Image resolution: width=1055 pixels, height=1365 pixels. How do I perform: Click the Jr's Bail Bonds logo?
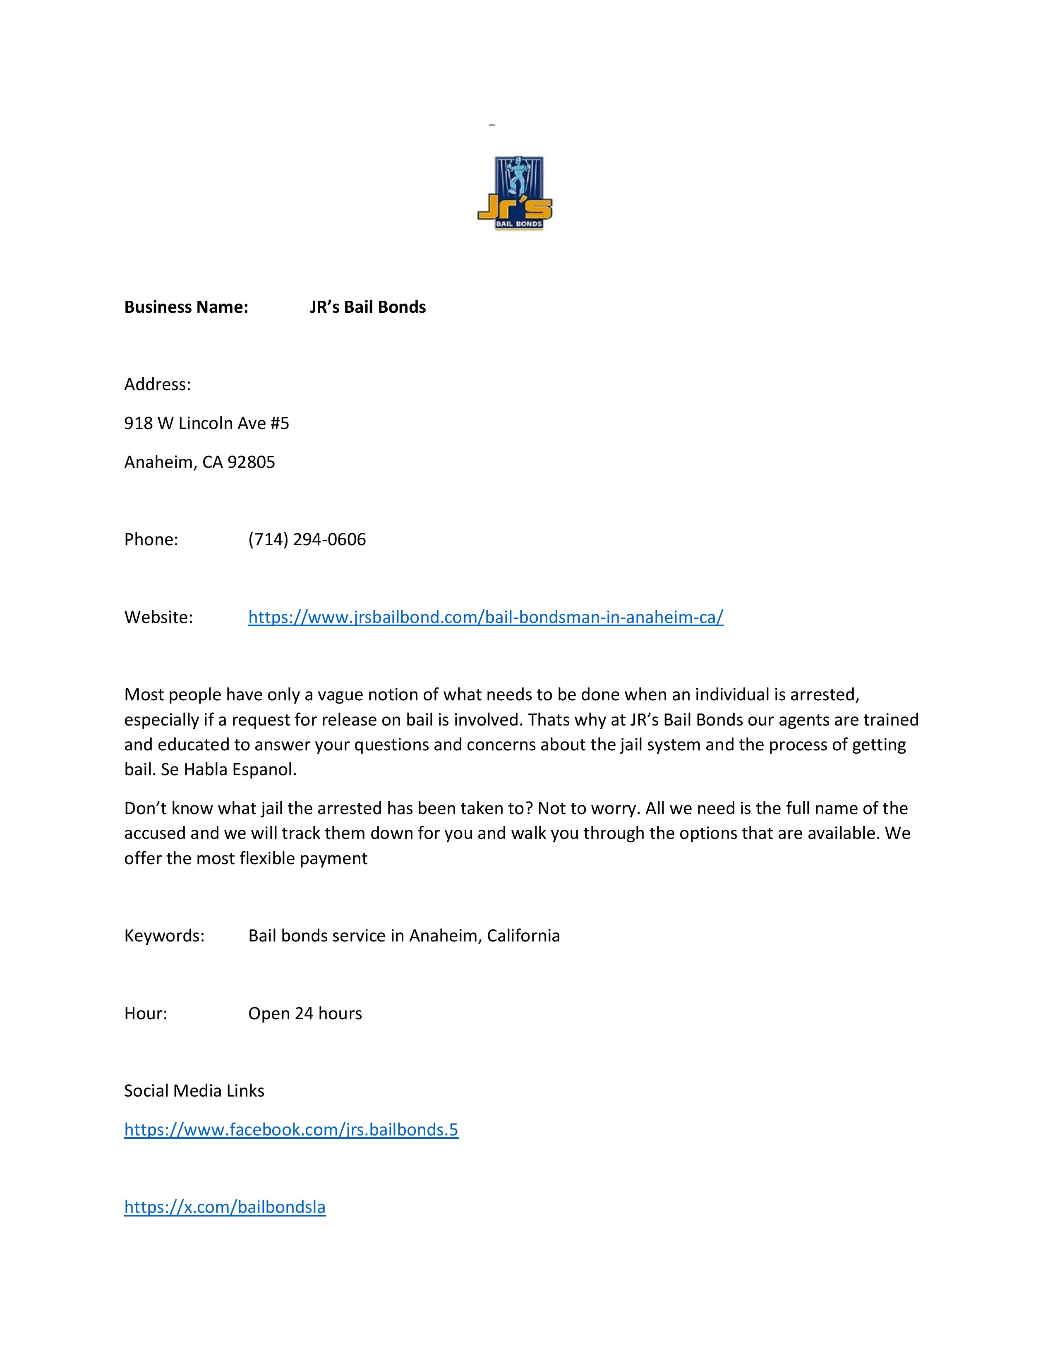[x=514, y=193]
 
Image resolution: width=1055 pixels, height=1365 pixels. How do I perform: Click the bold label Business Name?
[x=186, y=307]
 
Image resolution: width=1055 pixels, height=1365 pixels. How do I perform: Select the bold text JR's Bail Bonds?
[x=367, y=307]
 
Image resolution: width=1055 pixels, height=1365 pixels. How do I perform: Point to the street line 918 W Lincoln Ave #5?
[x=206, y=423]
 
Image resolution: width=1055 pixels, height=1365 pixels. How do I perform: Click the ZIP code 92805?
[x=251, y=462]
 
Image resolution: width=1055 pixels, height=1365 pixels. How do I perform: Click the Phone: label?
[x=151, y=539]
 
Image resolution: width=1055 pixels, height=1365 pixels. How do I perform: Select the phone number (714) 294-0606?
[x=307, y=539]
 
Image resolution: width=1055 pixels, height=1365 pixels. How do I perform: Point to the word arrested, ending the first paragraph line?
[x=825, y=694]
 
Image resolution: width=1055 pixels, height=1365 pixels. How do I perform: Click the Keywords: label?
[x=164, y=936]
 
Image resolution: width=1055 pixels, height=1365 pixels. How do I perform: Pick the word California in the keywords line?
[x=523, y=936]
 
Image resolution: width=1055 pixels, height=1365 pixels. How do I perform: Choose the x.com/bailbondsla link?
[x=225, y=1207]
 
